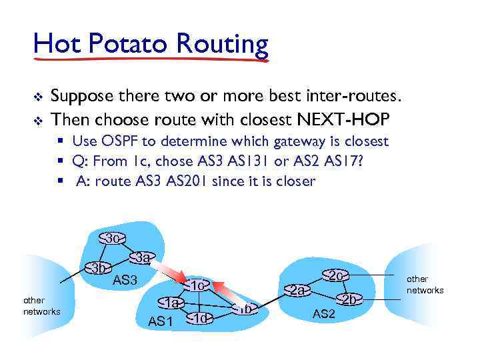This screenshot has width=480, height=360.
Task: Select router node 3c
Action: tap(112, 238)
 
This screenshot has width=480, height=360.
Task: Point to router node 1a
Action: tap(172, 303)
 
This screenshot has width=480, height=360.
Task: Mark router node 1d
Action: tap(201, 318)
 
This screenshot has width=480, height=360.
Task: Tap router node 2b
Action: tap(349, 299)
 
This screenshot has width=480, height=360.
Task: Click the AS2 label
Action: tap(323, 313)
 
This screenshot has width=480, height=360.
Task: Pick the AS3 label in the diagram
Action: tap(125, 279)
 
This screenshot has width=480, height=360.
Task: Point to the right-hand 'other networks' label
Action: tap(425, 284)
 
